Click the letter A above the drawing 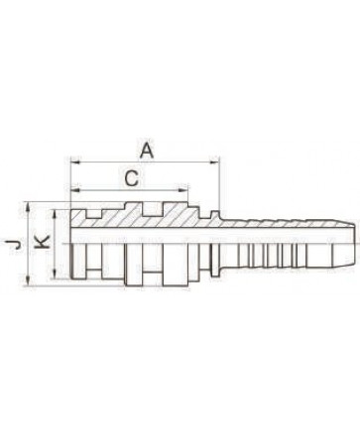click(147, 151)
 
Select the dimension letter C click(132, 179)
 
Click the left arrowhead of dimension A click(75, 163)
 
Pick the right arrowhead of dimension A click(214, 163)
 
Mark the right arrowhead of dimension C click(183, 190)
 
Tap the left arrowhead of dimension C click(76, 190)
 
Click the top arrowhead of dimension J click(30, 206)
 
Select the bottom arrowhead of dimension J click(30, 280)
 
